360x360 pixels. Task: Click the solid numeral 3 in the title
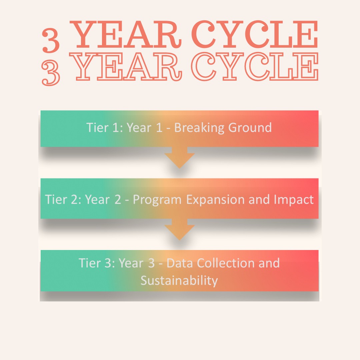[x=51, y=40]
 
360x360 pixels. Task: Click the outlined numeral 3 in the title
[x=51, y=73]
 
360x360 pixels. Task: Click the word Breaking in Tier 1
[x=199, y=128]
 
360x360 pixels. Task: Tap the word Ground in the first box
[x=250, y=128]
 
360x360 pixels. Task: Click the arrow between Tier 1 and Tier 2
[x=180, y=158]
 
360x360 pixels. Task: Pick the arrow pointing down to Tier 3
[x=180, y=229]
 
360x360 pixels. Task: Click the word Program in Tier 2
[x=157, y=200]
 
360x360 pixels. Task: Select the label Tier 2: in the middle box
[x=63, y=200]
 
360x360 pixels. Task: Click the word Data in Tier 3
[x=180, y=263]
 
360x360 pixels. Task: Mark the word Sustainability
[x=179, y=281]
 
